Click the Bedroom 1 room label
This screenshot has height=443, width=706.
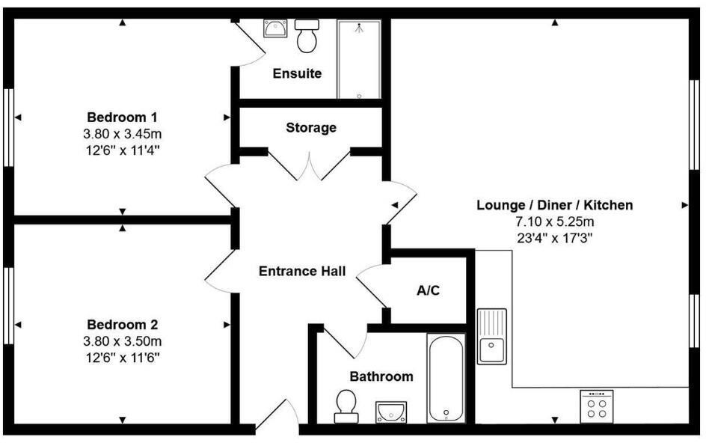click(x=123, y=117)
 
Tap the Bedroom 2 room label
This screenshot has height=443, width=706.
click(x=123, y=325)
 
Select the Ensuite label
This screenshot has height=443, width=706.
click(x=297, y=73)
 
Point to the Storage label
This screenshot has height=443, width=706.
click(x=311, y=128)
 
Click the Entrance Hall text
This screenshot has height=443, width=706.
click(x=302, y=271)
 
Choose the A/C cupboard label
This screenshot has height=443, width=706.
click(x=428, y=290)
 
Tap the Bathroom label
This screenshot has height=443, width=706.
click(x=381, y=376)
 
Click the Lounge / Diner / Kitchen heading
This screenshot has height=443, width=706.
click(x=555, y=205)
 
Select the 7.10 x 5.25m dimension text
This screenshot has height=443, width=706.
click(x=555, y=222)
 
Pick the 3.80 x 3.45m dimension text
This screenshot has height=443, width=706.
click(x=123, y=134)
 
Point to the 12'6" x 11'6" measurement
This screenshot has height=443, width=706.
click(x=123, y=357)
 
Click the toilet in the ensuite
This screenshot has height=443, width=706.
click(x=307, y=36)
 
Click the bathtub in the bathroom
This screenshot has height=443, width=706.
click(x=446, y=378)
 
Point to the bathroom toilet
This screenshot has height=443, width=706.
click(x=346, y=405)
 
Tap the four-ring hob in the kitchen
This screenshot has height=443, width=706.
click(x=597, y=406)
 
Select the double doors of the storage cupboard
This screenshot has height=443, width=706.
click(x=310, y=165)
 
